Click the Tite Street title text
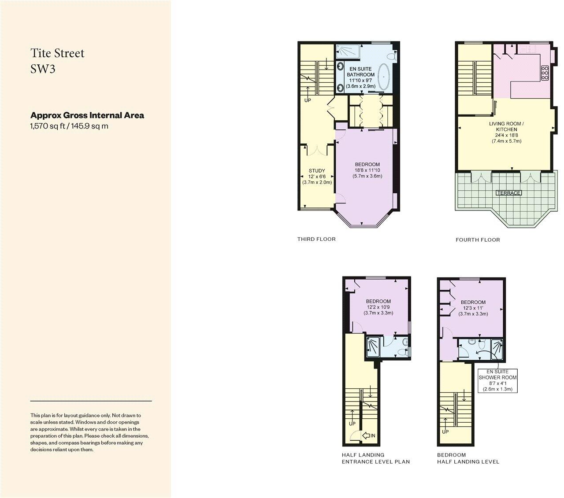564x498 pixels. [x=57, y=53]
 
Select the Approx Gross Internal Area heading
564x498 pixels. [x=87, y=115]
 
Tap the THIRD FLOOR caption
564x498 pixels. [x=316, y=239]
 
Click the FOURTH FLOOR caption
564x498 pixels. [x=478, y=240]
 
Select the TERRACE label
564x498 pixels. [x=508, y=193]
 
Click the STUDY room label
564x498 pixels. [x=317, y=171]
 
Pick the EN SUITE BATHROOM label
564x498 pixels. [x=360, y=72]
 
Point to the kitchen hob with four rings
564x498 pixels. [x=545, y=73]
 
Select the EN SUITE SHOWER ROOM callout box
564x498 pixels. [x=497, y=380]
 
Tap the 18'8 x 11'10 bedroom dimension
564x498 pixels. [x=367, y=170]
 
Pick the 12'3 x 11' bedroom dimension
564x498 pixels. [x=473, y=308]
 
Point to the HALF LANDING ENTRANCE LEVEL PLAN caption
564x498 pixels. [x=375, y=458]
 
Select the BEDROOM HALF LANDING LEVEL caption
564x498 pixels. [x=468, y=458]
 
